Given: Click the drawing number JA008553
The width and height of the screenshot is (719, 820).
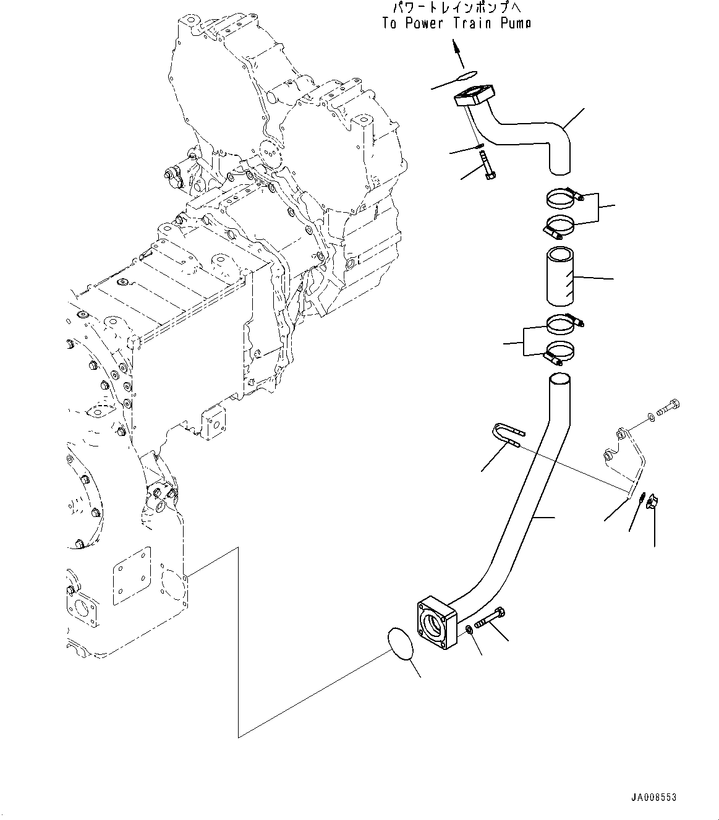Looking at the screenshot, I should click(x=653, y=798).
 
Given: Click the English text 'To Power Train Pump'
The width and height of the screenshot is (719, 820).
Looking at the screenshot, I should click(x=456, y=23).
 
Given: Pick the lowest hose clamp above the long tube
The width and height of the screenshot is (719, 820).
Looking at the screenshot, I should click(x=561, y=353).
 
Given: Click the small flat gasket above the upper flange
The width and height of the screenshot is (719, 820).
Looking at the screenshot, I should click(x=466, y=76).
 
